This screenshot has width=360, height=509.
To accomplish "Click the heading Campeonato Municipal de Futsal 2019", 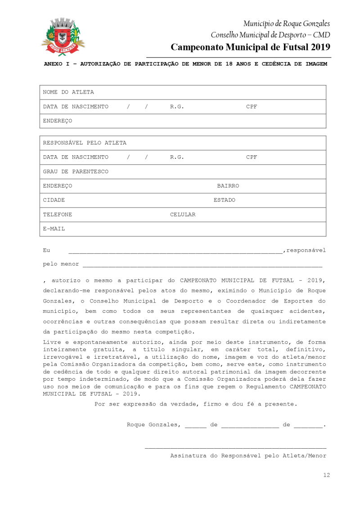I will coord(251,47).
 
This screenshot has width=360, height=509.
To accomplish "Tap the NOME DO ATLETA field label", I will coord(68,92).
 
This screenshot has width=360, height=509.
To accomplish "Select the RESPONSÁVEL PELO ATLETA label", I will coord(85,143).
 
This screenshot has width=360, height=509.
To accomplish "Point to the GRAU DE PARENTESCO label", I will coord(76,171).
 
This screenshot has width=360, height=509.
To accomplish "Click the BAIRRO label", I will coord(228,186).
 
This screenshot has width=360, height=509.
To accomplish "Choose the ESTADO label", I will coord(224,200).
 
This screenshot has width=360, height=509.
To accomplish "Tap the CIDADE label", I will coord(54,200).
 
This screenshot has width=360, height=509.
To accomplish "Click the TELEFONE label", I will coord(58,215).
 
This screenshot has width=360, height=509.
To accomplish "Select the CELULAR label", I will coord(183,215).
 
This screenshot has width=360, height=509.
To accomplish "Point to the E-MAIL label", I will coord(54,229).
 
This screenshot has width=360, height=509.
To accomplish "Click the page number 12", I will coord(326,475).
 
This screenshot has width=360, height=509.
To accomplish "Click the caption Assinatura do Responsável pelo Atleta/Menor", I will coord(248,456).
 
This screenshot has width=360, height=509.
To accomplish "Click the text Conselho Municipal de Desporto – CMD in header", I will coord(270,35).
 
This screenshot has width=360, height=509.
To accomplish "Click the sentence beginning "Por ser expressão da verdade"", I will coord(196,404).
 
